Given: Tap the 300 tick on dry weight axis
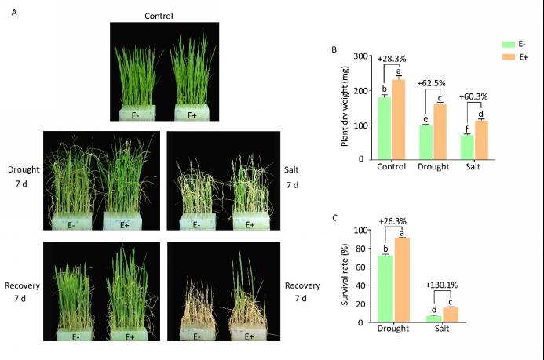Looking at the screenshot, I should click(x=362, y=56).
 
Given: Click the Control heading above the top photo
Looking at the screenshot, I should click(x=159, y=16).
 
